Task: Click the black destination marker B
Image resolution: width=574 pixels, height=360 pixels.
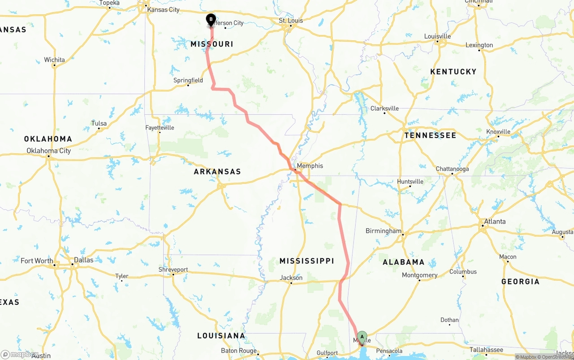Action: tap(211, 20)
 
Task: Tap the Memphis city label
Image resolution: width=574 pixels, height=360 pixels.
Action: tap(310, 166)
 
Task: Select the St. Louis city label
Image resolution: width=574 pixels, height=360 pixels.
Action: tap(291, 21)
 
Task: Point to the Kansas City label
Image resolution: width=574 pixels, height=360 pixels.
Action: tap(163, 10)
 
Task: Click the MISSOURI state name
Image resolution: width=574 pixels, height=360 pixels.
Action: tap(212, 44)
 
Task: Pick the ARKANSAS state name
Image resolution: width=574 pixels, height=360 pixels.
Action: tap(217, 172)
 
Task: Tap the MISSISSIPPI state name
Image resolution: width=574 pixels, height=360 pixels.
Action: tap(307, 261)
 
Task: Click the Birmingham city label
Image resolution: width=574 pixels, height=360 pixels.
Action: tap(383, 231)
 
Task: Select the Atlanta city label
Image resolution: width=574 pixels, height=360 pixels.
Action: tap(495, 221)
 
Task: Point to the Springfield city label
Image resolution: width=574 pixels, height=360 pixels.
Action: tap(188, 81)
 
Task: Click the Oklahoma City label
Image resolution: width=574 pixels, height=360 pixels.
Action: tap(48, 151)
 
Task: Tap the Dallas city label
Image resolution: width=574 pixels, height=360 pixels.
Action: tap(84, 260)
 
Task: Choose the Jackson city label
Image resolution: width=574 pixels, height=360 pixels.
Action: tap(291, 278)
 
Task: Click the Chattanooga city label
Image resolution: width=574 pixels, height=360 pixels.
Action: tap(452, 169)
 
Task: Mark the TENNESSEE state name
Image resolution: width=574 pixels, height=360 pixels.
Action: tap(430, 135)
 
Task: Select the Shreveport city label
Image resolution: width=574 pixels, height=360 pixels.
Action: tap(173, 270)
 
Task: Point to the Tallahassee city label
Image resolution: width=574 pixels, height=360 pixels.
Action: tap(486, 350)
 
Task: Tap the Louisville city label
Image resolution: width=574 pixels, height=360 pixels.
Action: tap(437, 36)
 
